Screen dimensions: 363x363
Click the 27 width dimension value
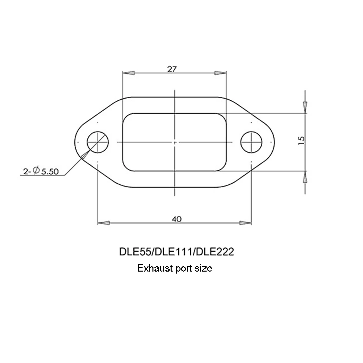[x=172, y=69]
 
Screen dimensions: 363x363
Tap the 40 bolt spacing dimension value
[x=177, y=219]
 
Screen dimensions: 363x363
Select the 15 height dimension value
[x=301, y=141]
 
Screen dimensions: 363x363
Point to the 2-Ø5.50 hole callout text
[x=41, y=171]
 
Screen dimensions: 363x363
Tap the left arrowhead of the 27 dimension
[x=128, y=73]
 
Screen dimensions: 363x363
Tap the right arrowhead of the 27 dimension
[x=220, y=73]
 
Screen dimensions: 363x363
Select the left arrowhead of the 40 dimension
[x=104, y=223]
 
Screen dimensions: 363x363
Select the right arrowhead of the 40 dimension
[x=246, y=223]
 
